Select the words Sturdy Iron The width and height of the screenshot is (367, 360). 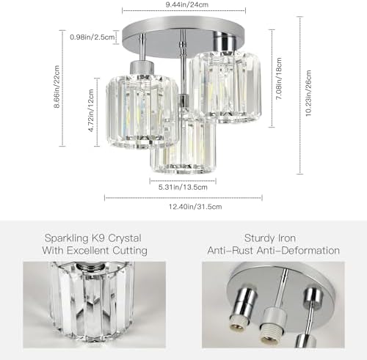[275, 238]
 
